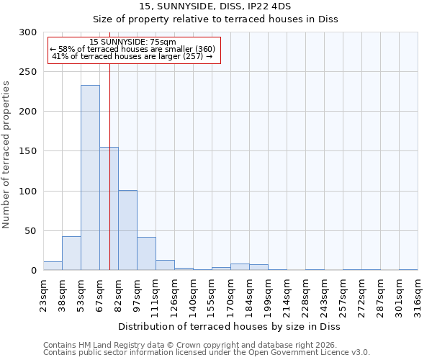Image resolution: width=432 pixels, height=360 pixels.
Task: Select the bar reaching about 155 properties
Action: [109, 209]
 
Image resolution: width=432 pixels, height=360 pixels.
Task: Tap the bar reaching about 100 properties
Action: [127, 230]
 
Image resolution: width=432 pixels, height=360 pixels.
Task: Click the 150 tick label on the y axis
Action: [28, 152]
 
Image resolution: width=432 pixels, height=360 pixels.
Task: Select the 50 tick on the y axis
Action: [31, 231]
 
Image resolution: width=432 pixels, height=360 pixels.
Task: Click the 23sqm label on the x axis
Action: [43, 293]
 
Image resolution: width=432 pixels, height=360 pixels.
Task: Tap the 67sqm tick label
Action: [99, 293]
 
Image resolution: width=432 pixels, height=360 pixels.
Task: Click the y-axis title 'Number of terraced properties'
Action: [6, 155]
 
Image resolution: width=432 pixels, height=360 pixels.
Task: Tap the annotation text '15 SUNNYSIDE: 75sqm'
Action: [133, 42]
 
